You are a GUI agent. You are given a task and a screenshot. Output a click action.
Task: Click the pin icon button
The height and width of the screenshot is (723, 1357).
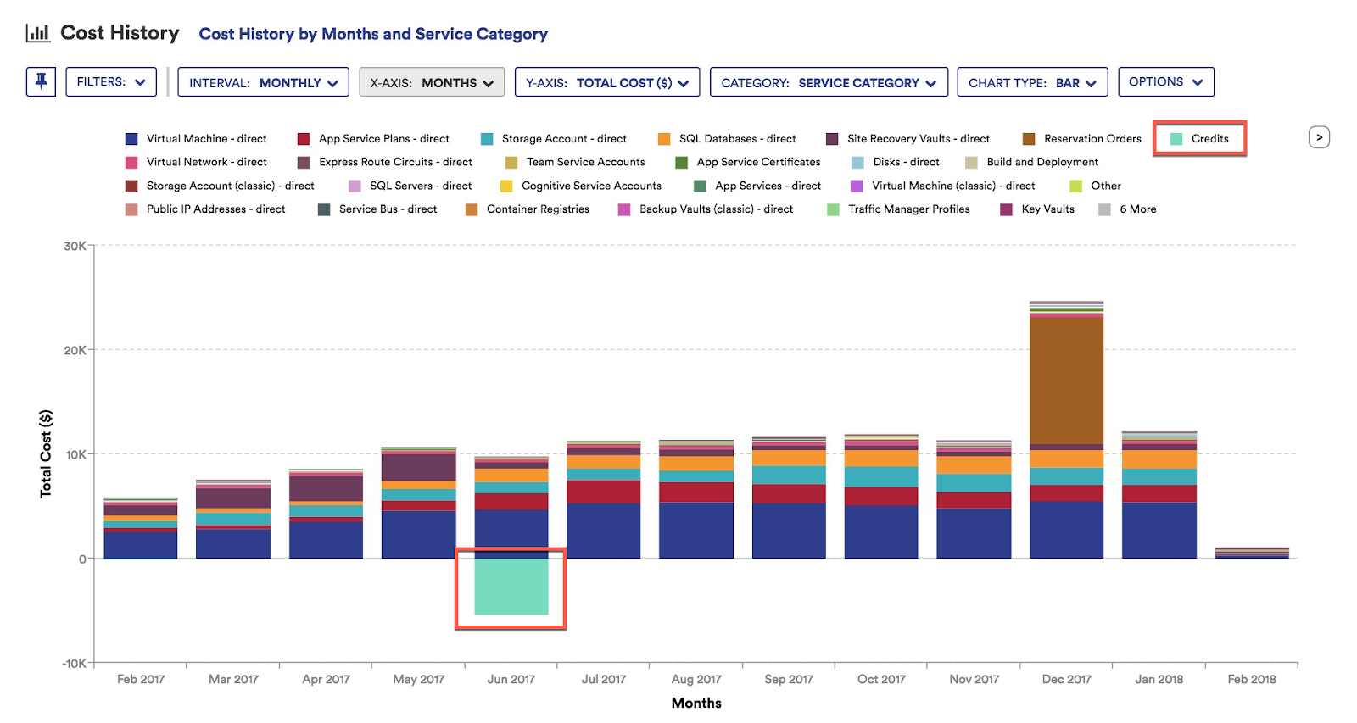coord(41,82)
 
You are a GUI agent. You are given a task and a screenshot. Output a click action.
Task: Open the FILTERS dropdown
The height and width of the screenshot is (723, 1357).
coord(111,82)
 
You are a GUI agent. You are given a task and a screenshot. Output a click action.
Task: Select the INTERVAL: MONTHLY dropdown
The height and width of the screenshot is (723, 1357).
coord(263,83)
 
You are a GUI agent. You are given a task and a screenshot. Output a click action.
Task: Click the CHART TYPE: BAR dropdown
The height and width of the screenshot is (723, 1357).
coord(1032,83)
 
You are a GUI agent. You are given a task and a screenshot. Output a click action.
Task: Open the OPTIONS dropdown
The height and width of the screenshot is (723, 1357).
coord(1165,82)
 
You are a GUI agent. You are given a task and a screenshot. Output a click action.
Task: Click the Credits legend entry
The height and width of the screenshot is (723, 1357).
coord(1200,139)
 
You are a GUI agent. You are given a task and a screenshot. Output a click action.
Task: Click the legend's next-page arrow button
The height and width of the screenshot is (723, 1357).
coord(1319,137)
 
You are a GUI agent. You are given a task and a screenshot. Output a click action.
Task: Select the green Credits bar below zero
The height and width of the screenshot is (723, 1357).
coord(511,587)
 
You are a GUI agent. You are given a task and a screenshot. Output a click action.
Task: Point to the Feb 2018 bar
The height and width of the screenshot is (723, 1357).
coord(1252,553)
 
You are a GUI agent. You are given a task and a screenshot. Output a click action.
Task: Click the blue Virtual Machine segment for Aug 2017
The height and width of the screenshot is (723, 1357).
coord(696,530)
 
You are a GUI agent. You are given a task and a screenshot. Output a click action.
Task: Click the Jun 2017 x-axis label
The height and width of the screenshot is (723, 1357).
coord(511,680)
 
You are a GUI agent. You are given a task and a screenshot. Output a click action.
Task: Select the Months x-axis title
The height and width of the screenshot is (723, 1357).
coord(696,704)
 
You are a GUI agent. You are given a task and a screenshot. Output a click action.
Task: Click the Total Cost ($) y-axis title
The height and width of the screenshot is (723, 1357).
coord(46,453)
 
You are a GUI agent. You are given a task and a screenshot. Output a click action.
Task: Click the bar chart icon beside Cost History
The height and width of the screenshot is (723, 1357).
coord(38,33)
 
